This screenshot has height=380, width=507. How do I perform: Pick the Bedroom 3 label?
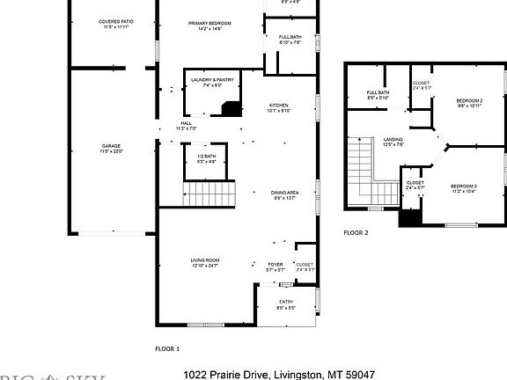click(464, 187)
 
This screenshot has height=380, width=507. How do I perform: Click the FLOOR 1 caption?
click(166, 347)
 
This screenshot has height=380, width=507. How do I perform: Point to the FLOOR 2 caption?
click(356, 232)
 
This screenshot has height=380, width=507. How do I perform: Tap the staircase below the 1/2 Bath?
click(210, 193)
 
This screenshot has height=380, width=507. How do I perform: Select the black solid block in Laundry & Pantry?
click(231, 109)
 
